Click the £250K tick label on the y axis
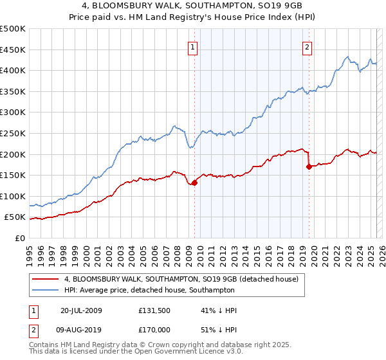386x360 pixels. pos(13,133)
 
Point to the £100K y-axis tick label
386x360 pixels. pos(13,196)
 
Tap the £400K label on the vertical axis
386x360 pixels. pos(13,70)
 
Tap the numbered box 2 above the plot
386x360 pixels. pos(308,46)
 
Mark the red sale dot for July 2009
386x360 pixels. pos(195,183)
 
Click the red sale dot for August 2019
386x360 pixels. pos(309,166)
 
